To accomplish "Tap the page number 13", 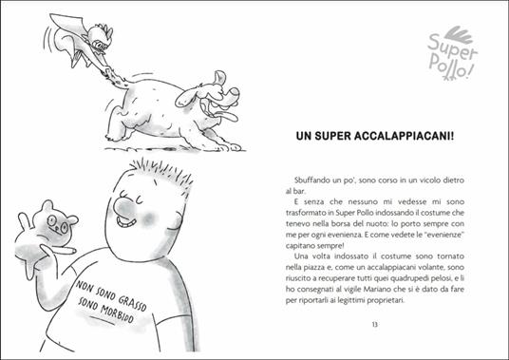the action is pyautogui.click(x=374, y=327).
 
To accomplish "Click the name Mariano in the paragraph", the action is pyautogui.click(x=387, y=288).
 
